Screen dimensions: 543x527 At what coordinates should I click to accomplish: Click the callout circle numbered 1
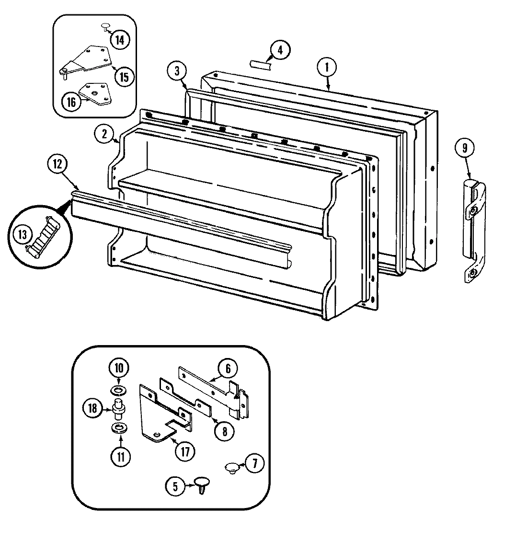[327, 68]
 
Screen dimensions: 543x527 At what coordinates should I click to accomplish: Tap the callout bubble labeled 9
[464, 148]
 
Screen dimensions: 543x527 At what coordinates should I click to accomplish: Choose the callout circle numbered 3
[177, 71]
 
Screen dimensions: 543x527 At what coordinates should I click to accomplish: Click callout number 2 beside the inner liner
[104, 134]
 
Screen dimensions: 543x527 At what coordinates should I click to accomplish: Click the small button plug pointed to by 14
[104, 27]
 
